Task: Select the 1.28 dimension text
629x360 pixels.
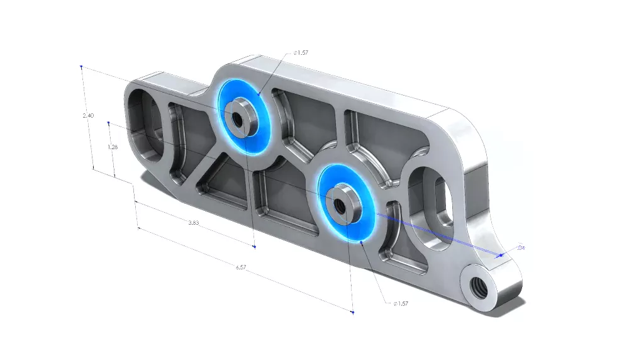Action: [x=113, y=147]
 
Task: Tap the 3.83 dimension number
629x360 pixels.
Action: [x=194, y=223]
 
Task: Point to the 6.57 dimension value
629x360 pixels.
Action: [x=241, y=267]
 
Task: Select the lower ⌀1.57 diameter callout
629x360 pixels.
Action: [x=401, y=303]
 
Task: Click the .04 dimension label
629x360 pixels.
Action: [x=520, y=248]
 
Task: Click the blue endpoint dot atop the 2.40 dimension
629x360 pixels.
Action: [x=81, y=66]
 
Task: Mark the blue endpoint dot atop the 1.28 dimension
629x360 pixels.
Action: [x=109, y=123]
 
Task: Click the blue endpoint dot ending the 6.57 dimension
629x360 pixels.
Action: [x=352, y=312]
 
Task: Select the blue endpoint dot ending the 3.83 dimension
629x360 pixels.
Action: [x=254, y=247]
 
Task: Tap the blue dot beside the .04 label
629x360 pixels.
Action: [x=501, y=256]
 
